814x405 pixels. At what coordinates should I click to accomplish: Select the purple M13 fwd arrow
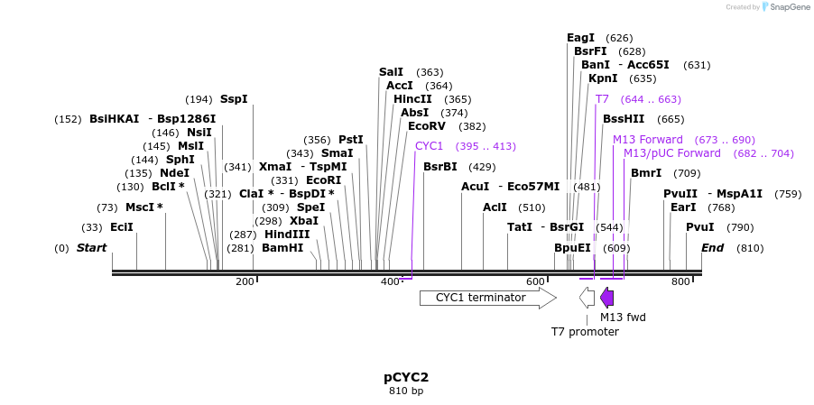(607, 298)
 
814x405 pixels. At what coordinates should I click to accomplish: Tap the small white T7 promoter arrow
(587, 298)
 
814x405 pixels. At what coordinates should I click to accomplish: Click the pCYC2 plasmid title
(406, 377)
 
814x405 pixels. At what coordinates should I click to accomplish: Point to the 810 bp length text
(406, 391)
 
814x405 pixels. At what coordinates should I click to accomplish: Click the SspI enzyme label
(234, 99)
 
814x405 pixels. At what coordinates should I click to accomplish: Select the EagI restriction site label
(580, 38)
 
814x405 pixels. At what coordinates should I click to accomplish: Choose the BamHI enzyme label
(282, 248)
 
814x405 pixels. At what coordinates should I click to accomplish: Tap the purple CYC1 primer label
(429, 146)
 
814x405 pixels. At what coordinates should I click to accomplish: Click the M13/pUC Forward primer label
(672, 153)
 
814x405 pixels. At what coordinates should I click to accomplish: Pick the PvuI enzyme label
(700, 227)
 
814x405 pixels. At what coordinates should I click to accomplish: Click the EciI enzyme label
(122, 227)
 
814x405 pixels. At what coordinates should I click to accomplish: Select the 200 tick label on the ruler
(245, 282)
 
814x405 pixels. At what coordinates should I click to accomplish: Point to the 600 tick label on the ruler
(535, 282)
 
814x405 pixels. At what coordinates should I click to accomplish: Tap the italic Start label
(91, 248)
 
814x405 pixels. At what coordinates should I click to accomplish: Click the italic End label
(713, 248)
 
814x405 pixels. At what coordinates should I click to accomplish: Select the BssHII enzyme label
(624, 119)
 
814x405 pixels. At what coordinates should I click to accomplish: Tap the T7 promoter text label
(585, 332)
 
